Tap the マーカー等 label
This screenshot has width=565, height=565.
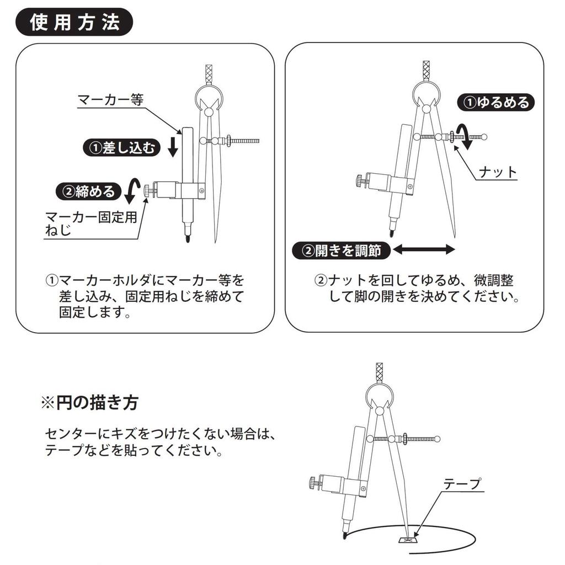click(x=110, y=100)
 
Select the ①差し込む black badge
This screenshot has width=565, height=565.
click(x=121, y=148)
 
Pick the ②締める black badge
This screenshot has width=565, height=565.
click(x=88, y=191)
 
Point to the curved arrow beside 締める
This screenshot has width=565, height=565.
click(x=131, y=191)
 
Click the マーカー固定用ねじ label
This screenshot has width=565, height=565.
click(x=90, y=223)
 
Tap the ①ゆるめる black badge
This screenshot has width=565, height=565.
click(x=496, y=102)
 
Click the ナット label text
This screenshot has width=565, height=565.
click(x=498, y=172)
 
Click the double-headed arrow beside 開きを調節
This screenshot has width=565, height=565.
click(x=424, y=250)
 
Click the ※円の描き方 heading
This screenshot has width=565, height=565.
click(x=89, y=402)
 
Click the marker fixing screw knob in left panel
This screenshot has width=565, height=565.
click(x=147, y=190)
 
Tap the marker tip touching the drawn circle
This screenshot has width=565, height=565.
click(x=345, y=535)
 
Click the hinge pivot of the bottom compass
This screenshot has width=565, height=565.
click(x=379, y=411)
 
